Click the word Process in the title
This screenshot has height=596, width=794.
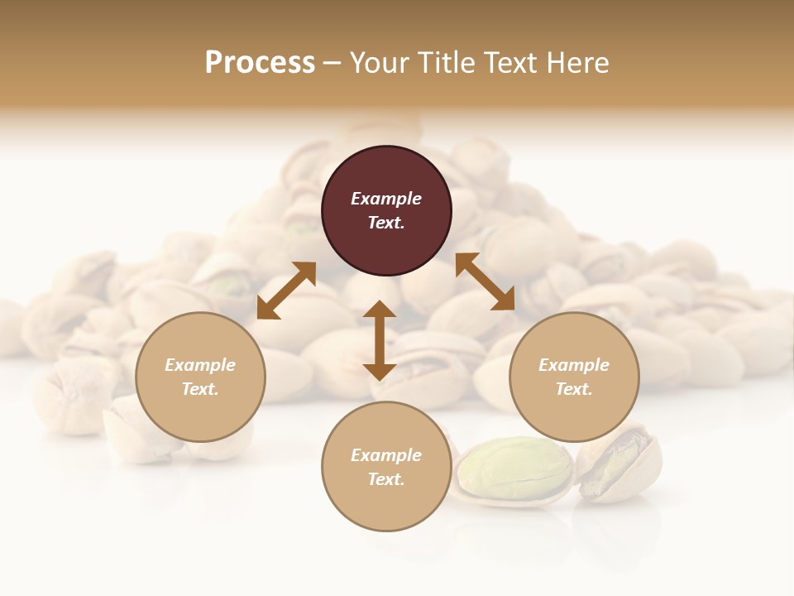[x=260, y=62]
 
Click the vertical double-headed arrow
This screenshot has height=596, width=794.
[x=380, y=340]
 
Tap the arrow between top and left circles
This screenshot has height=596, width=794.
[x=286, y=291]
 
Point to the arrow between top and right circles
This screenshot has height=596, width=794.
[x=485, y=281]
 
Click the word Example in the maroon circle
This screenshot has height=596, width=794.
[x=386, y=199]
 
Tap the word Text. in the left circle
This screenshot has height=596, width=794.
[x=200, y=389]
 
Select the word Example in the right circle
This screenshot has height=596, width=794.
[x=574, y=365]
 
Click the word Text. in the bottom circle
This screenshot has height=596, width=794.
[x=386, y=479]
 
